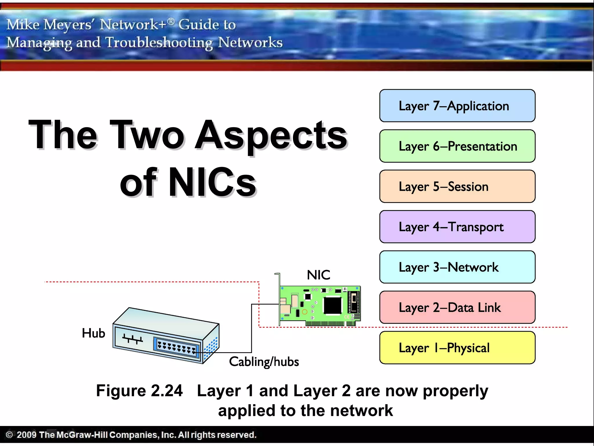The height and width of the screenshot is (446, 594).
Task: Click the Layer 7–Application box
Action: (x=457, y=106)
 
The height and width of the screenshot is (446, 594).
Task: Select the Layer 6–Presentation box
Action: (x=457, y=146)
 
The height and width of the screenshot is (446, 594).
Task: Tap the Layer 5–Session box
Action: (x=457, y=186)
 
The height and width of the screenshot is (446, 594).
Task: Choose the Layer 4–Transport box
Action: (x=457, y=227)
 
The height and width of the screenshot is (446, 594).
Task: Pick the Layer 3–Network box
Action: (x=457, y=267)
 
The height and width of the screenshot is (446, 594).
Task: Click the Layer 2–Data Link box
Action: (x=457, y=307)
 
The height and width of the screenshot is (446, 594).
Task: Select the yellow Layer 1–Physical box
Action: (x=457, y=348)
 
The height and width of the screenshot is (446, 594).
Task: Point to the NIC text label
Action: (x=318, y=275)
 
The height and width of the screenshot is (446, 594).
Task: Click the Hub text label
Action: (x=93, y=333)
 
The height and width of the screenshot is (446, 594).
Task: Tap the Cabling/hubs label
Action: (x=264, y=362)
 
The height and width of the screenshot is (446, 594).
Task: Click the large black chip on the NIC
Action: (x=332, y=305)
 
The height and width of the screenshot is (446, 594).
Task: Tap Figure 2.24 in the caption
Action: (x=140, y=391)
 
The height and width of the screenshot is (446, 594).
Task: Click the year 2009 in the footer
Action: (x=26, y=435)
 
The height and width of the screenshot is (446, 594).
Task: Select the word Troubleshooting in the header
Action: (x=159, y=43)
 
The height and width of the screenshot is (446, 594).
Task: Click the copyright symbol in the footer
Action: (x=9, y=435)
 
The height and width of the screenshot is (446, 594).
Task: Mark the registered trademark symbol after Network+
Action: (x=171, y=21)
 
